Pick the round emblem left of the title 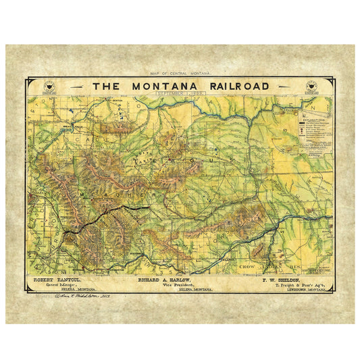(47, 86)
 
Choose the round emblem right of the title (313, 86)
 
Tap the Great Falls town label (72, 128)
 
